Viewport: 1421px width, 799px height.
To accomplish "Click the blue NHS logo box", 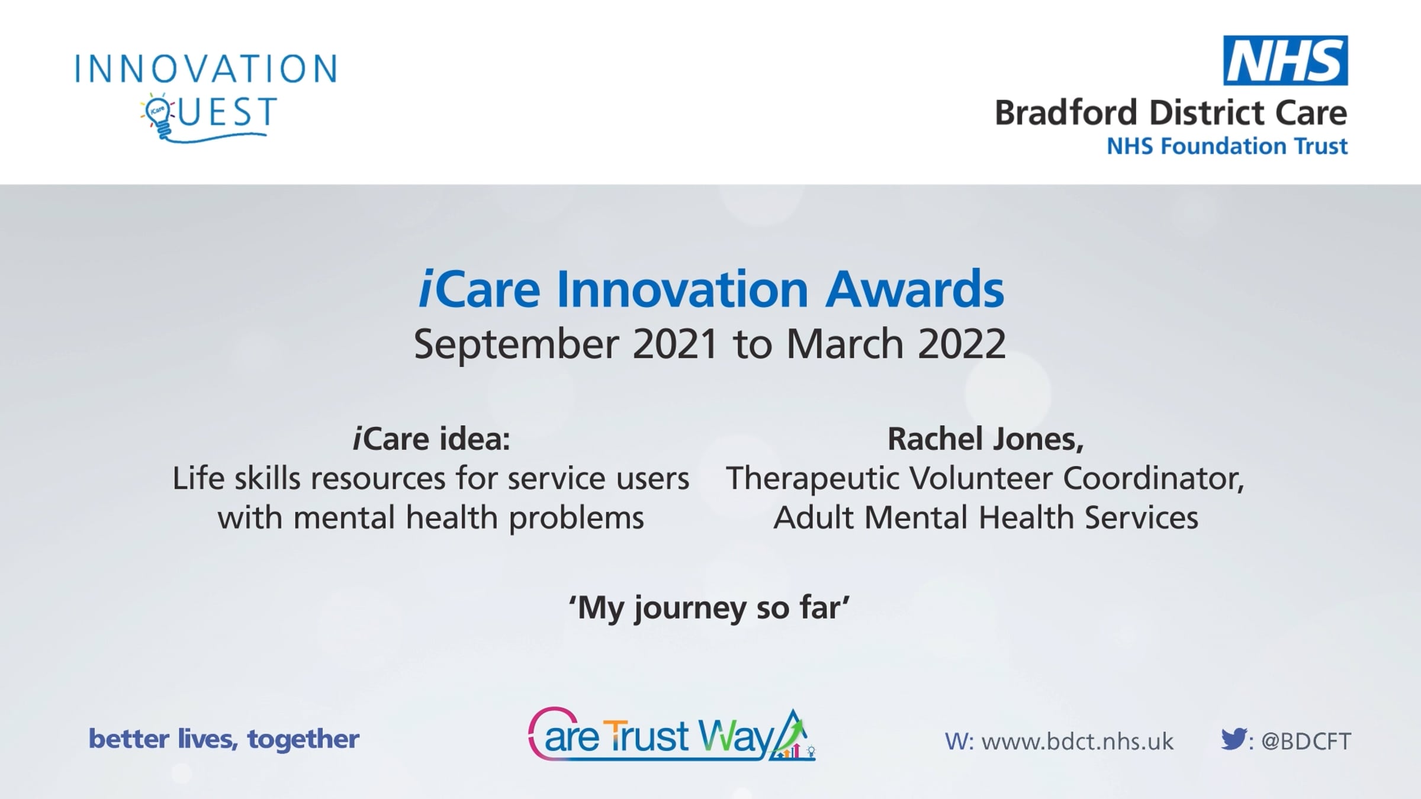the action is tap(1285, 60).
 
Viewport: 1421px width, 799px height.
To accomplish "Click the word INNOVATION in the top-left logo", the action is tap(206, 69).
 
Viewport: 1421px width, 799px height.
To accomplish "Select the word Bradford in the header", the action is tap(1068, 113).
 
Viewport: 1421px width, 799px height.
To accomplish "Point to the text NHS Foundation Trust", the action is tap(1227, 146).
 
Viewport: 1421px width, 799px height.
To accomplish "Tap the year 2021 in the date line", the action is tap(675, 344).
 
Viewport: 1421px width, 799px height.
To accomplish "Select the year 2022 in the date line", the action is tap(962, 344).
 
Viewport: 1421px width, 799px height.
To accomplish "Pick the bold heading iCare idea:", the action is tap(431, 439).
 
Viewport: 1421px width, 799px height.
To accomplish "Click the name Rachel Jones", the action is tap(985, 439).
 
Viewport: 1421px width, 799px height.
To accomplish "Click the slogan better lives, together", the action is tap(224, 739).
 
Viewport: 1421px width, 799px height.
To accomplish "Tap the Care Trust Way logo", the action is tap(672, 734).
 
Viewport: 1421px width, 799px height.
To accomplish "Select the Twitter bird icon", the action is tap(1233, 739).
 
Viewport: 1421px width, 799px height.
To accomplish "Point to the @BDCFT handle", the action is tap(1306, 742).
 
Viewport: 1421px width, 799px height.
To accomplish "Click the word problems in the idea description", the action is tap(576, 518).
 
